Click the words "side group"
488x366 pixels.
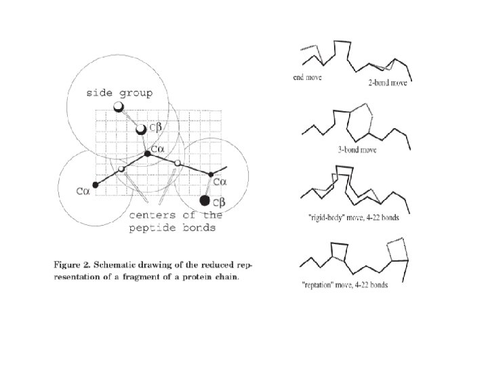point(119,93)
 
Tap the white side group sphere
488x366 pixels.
point(119,107)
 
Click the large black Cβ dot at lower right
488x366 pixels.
point(205,201)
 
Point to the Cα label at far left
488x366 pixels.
point(83,192)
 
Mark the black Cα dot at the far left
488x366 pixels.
point(95,185)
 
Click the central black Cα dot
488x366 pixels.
point(147,155)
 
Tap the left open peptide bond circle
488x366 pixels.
point(121,169)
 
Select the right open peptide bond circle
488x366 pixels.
point(178,163)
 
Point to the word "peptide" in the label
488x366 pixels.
point(154,228)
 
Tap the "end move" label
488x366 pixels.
point(307,77)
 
